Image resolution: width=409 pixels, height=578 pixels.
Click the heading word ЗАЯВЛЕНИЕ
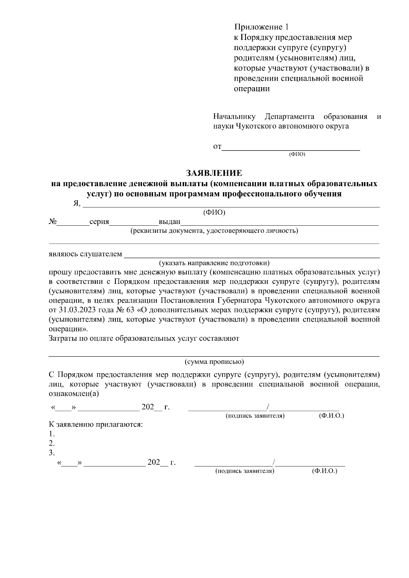tap(214, 173)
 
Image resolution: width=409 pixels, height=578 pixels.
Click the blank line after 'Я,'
tap(231, 206)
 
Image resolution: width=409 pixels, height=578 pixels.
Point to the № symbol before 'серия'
tap(52, 222)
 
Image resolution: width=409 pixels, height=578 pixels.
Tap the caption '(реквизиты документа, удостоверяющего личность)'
tap(214, 231)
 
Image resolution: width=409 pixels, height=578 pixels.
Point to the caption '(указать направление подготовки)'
tap(214, 263)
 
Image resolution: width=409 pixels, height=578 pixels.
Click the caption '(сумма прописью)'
tap(214, 362)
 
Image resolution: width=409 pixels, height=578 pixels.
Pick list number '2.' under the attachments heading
tap(52, 443)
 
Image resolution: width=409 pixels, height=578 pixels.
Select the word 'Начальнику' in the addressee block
tap(234, 117)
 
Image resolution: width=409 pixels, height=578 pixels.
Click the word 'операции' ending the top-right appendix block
tap(252, 89)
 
